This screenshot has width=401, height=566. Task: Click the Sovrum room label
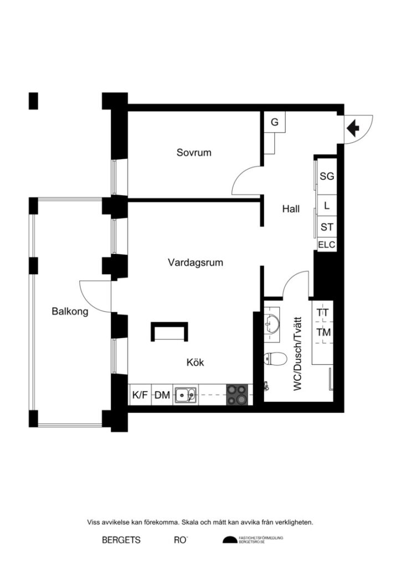point(194,153)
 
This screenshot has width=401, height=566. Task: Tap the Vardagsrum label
point(196,263)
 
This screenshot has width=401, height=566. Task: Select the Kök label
point(196,363)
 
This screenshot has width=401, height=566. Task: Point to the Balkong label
point(70,311)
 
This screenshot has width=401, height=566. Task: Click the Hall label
point(291,209)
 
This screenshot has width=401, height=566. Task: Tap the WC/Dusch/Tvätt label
point(298,354)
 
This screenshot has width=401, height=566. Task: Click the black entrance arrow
point(353,128)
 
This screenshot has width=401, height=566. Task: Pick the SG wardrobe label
point(327,177)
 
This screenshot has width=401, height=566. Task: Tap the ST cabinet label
point(327,227)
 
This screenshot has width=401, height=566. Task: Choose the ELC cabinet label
point(327,245)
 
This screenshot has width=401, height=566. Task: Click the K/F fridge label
point(139,395)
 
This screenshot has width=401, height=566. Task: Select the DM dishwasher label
point(162,395)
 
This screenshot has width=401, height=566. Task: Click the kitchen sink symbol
point(186,395)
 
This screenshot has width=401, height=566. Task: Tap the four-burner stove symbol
point(238,395)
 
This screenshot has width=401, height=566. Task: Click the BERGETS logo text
point(121,540)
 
